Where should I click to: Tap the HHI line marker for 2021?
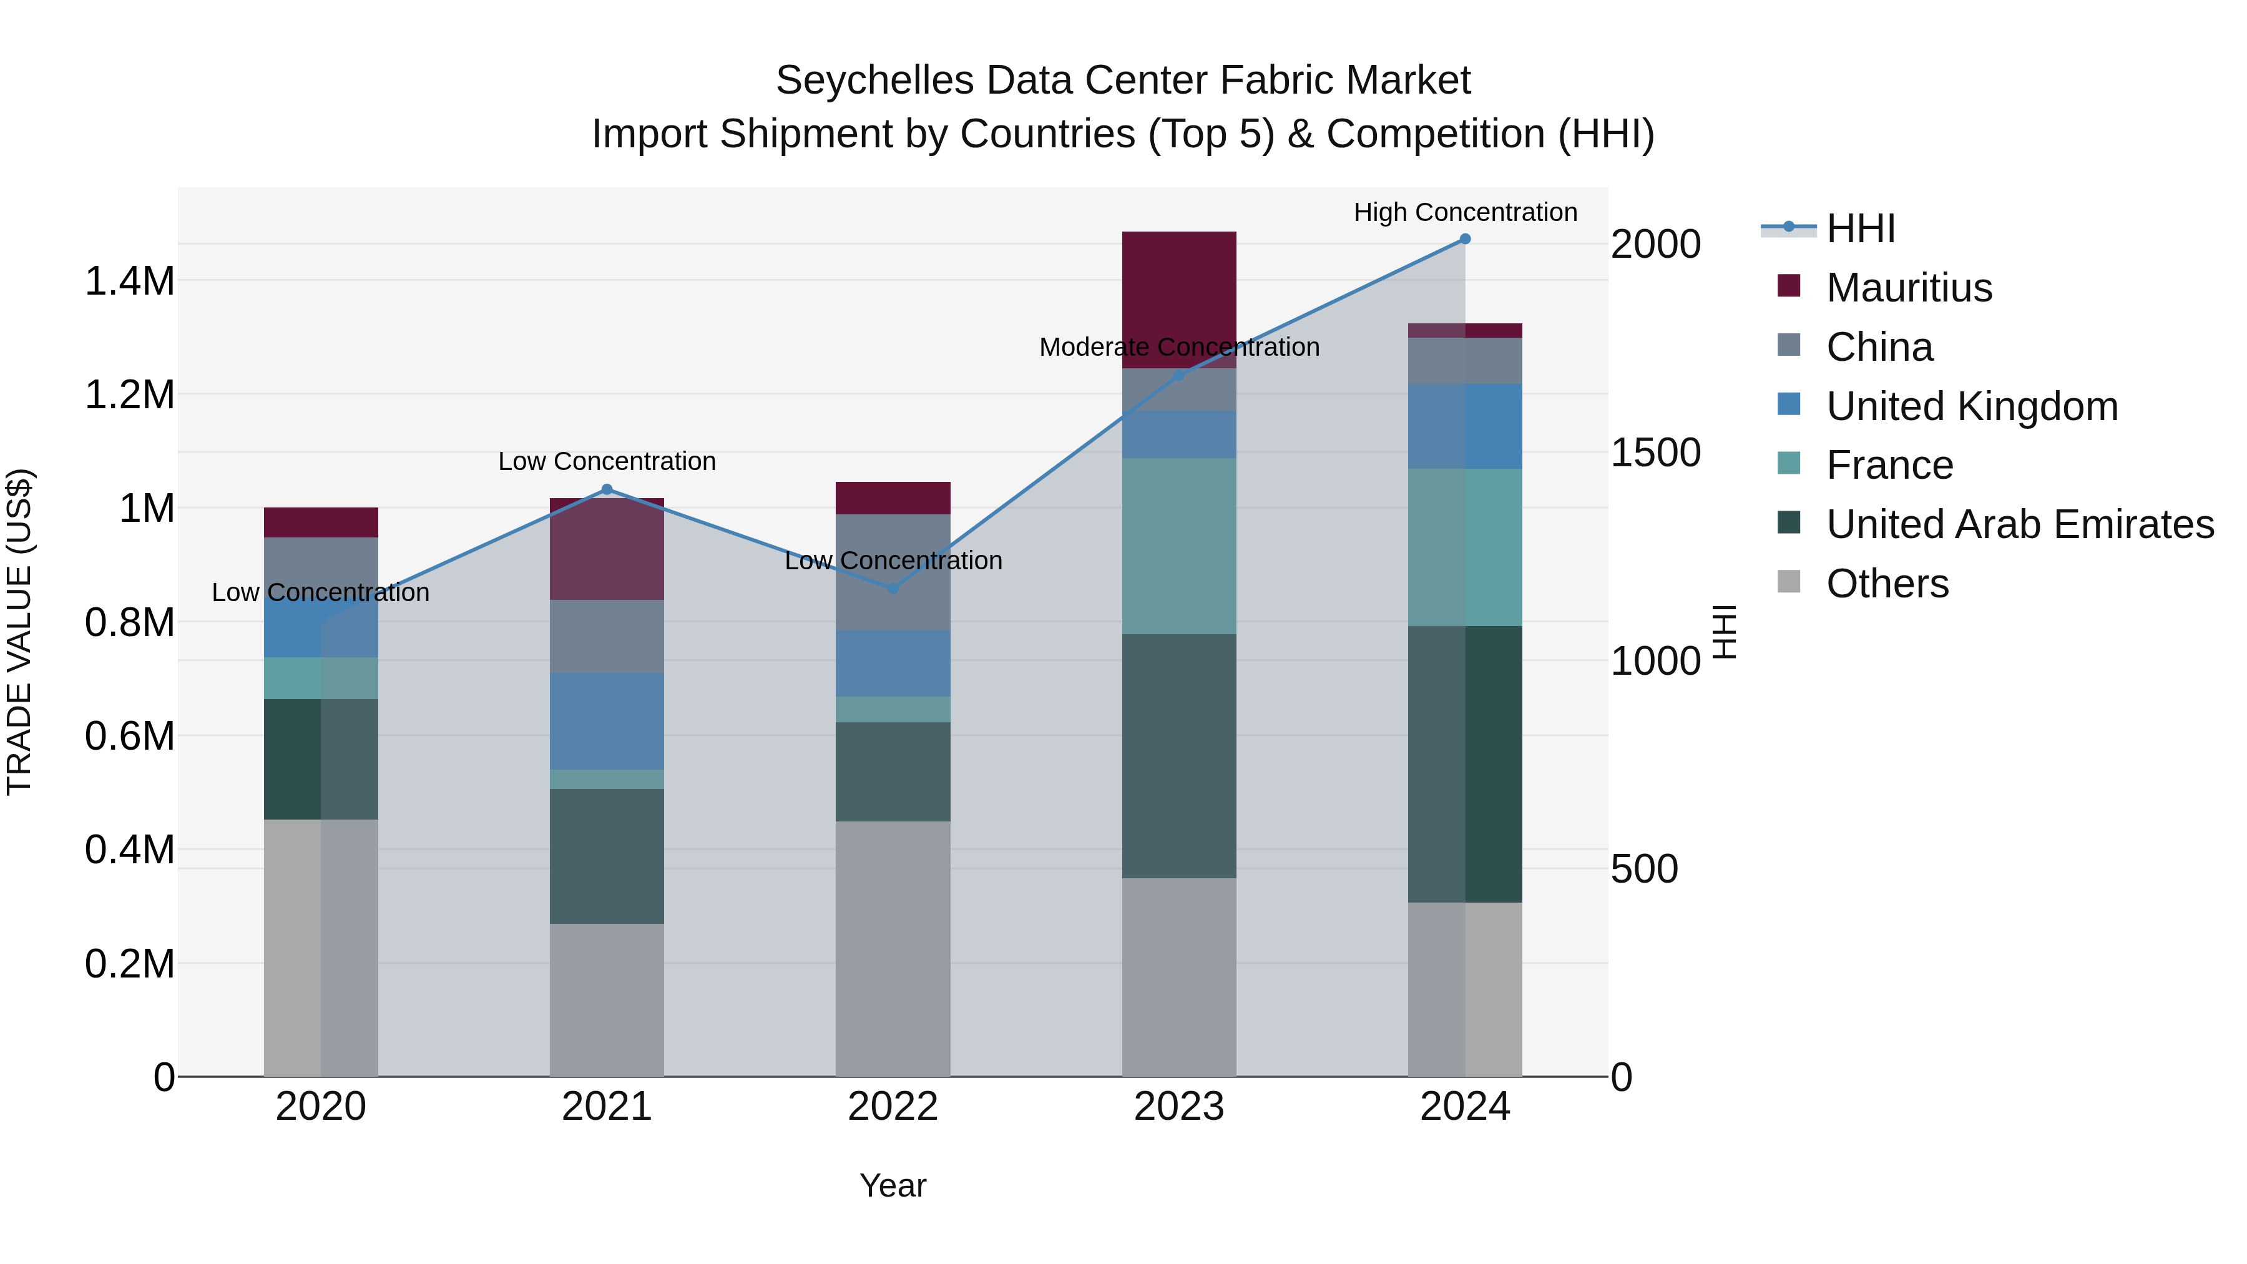coord(607,489)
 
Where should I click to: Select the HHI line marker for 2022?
coord(893,589)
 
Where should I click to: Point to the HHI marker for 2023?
coord(1178,375)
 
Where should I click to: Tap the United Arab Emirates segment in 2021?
coord(607,856)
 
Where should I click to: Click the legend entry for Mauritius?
coord(1909,288)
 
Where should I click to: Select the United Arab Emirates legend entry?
coord(2019,524)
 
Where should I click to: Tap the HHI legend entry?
coord(1860,228)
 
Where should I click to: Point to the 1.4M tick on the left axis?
coord(129,282)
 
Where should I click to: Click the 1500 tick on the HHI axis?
coord(1655,453)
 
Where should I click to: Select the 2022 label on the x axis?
coord(893,1107)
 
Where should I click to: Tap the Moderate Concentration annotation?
coord(1178,347)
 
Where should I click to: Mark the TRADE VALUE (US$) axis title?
coord(19,632)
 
